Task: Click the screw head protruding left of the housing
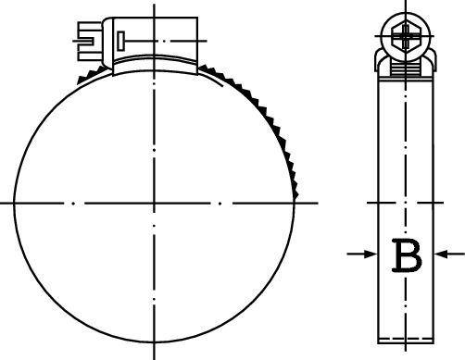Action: [x=84, y=39]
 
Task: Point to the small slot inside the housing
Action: [x=118, y=39]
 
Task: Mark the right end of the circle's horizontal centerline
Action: [x=315, y=201]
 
